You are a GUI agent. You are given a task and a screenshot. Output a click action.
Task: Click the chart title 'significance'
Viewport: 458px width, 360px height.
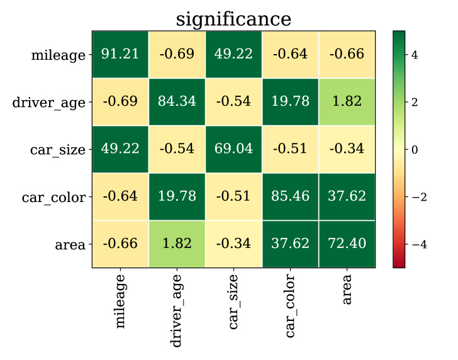[x=233, y=19]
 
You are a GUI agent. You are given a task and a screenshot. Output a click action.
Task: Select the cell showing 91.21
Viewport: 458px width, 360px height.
[x=120, y=55]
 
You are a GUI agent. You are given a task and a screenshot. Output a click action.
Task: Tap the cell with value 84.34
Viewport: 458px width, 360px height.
[x=177, y=102]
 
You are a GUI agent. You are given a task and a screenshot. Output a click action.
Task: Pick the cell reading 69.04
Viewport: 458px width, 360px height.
[x=233, y=149]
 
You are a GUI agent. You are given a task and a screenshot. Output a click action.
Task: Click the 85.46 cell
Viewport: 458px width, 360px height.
[x=290, y=196]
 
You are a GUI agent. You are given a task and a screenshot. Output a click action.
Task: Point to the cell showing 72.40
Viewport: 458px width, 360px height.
[x=347, y=244]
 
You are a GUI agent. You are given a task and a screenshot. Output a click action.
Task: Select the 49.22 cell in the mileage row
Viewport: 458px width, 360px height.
[x=233, y=55]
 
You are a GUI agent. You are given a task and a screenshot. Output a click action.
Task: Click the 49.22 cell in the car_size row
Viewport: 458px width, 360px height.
[x=120, y=149]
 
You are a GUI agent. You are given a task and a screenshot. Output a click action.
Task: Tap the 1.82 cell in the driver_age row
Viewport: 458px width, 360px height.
[x=347, y=102]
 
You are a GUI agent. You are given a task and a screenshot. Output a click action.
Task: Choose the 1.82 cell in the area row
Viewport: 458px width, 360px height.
[x=177, y=244]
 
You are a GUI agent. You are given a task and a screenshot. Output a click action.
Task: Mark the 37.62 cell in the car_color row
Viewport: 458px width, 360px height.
[x=347, y=196]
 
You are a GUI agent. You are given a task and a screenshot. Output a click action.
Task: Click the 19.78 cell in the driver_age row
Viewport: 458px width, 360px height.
[x=290, y=102]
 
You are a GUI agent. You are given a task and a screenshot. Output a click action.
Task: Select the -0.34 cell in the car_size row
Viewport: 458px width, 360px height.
[x=347, y=149]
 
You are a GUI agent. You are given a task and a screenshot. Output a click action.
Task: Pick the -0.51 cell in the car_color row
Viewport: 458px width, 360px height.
[x=233, y=196]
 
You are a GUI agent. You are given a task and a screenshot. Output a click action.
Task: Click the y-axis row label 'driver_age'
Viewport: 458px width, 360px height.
[x=48, y=103]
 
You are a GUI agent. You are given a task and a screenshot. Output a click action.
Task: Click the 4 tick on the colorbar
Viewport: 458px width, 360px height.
[x=415, y=55]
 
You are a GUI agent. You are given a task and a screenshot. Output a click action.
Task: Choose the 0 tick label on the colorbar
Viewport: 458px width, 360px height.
[x=415, y=150]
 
